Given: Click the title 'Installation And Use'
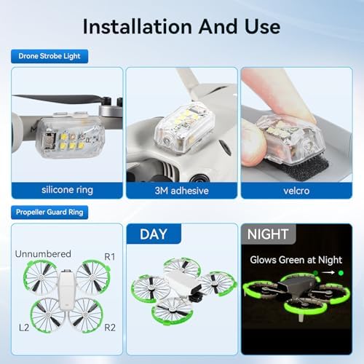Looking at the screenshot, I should pyautogui.click(x=181, y=26).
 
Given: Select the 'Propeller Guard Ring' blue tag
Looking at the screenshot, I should pyautogui.click(x=48, y=213).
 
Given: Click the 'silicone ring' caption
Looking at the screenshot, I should pyautogui.click(x=67, y=191).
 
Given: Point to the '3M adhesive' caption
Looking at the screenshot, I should pyautogui.click(x=181, y=191).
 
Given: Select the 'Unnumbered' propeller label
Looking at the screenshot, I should pyautogui.click(x=42, y=253).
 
